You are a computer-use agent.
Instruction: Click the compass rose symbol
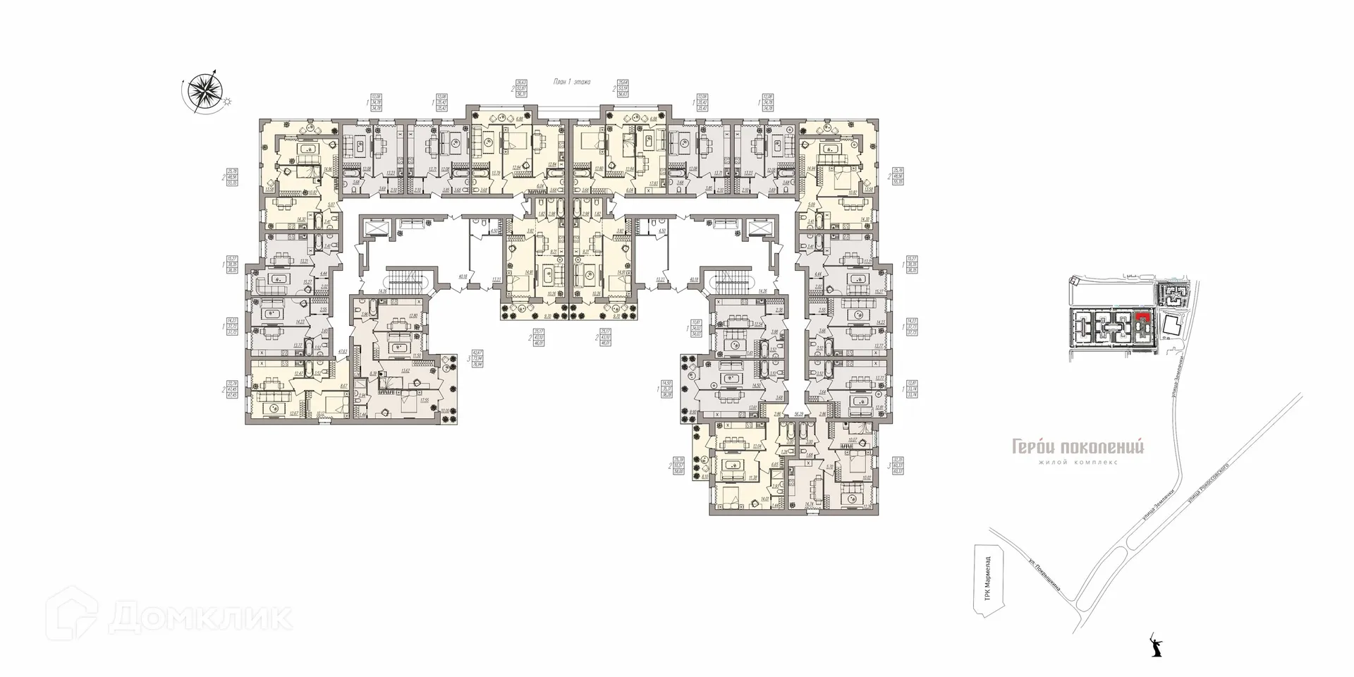click(x=205, y=90)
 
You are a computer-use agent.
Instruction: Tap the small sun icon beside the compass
click(x=227, y=102)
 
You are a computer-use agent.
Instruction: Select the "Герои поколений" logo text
click(x=1078, y=446)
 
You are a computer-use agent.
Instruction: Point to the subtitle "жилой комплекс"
click(x=1078, y=463)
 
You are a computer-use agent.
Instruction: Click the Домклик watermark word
click(x=201, y=617)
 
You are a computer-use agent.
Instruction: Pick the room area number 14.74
click(x=810, y=505)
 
